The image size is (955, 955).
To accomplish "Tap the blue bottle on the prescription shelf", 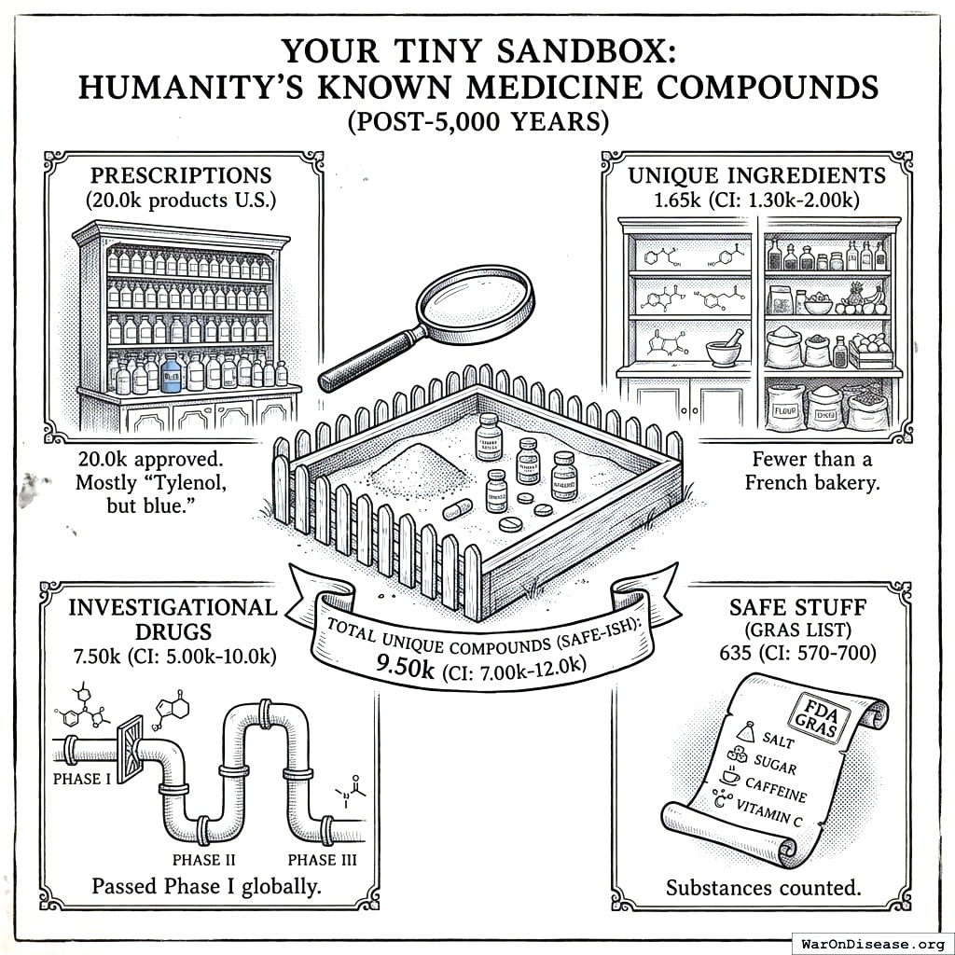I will (x=171, y=372).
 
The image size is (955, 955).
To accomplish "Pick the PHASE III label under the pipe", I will (x=322, y=859).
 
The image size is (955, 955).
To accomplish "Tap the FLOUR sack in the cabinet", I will (x=785, y=408).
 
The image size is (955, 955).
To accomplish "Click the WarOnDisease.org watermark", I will (x=871, y=942).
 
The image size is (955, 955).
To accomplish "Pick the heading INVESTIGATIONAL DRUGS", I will (x=173, y=620).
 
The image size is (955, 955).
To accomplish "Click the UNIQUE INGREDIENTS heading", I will (x=756, y=175).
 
